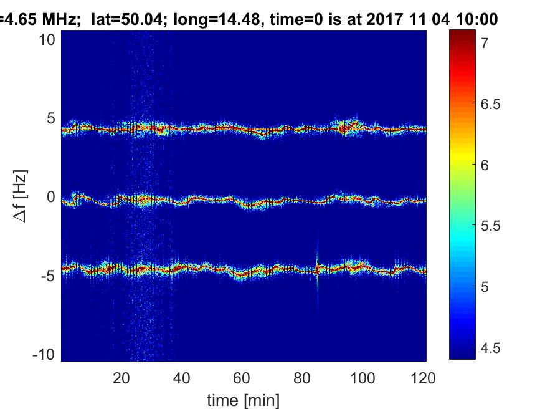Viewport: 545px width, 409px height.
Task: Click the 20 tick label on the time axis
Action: click(x=121, y=378)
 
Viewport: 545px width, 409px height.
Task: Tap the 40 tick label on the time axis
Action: click(x=181, y=378)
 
